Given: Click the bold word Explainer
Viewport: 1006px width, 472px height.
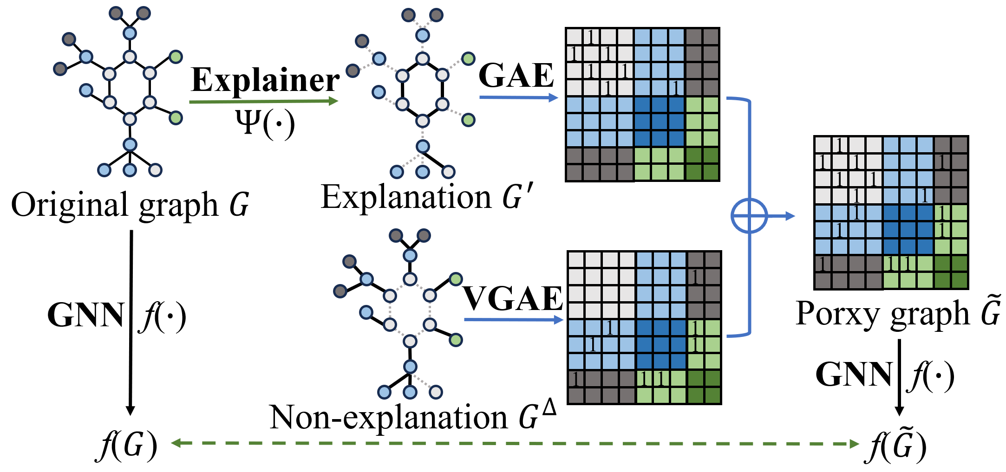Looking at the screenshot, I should [x=265, y=80].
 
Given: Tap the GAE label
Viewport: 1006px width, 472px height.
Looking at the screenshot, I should [x=516, y=75].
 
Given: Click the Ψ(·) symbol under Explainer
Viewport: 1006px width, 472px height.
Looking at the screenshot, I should [x=265, y=123].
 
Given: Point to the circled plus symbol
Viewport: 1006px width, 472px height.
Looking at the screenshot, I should [x=749, y=216].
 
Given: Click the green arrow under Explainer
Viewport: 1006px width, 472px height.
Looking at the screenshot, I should [x=263, y=101].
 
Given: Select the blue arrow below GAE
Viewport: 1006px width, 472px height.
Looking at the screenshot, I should [x=518, y=97].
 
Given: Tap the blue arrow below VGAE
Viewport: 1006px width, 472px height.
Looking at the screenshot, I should [x=513, y=320].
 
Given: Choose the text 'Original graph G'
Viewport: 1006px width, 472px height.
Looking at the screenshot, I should [x=130, y=205].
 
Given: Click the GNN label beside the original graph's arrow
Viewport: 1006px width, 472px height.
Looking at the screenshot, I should [x=86, y=316].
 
